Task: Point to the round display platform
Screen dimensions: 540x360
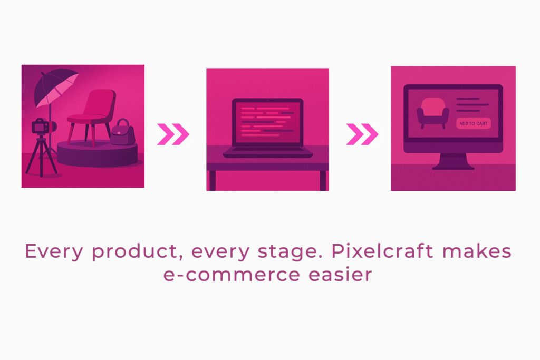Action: tap(98, 153)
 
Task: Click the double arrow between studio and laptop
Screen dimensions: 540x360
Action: tap(173, 134)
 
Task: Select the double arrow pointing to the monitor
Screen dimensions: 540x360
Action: tap(362, 134)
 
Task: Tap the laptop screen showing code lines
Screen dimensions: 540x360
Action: tap(267, 122)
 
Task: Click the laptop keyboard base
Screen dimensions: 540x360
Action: tap(267, 152)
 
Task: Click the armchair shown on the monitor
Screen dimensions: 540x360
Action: tap(433, 112)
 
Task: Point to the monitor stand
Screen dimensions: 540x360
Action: tap(453, 161)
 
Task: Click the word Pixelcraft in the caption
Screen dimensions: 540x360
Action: tap(382, 251)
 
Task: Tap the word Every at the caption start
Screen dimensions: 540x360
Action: tap(54, 252)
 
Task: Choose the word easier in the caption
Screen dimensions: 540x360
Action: tap(340, 274)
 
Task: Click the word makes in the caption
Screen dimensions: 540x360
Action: tap(477, 251)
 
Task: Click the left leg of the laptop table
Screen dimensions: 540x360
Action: tap(213, 181)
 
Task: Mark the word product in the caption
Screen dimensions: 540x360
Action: tap(137, 252)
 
